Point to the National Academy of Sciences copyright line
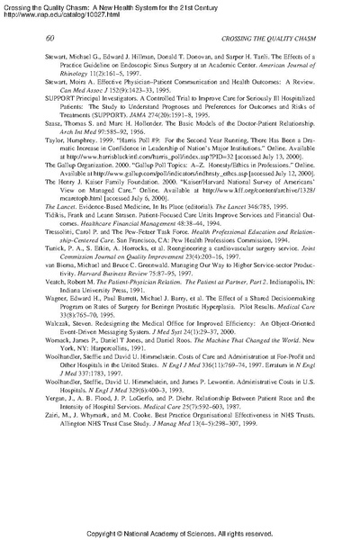pyautogui.click(x=180, y=531)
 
